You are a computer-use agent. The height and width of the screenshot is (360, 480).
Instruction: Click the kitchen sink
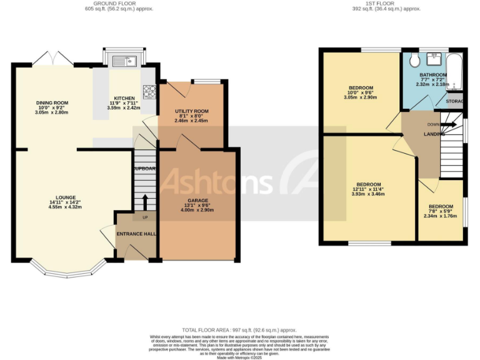pos(126,61)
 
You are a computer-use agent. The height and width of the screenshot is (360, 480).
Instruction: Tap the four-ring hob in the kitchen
pos(149,92)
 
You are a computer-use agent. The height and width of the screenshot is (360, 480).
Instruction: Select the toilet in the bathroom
pos(413,61)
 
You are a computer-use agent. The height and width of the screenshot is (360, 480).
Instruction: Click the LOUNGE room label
pos(66,197)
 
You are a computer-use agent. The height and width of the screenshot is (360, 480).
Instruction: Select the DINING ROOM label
pos(52,103)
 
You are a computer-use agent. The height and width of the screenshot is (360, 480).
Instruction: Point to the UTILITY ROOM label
pos(191,111)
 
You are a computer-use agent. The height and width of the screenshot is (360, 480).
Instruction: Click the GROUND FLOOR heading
pos(119,4)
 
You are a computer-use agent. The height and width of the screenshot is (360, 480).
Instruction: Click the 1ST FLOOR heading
pos(386,4)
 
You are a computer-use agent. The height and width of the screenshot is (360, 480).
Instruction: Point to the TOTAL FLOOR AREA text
pos(239,329)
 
